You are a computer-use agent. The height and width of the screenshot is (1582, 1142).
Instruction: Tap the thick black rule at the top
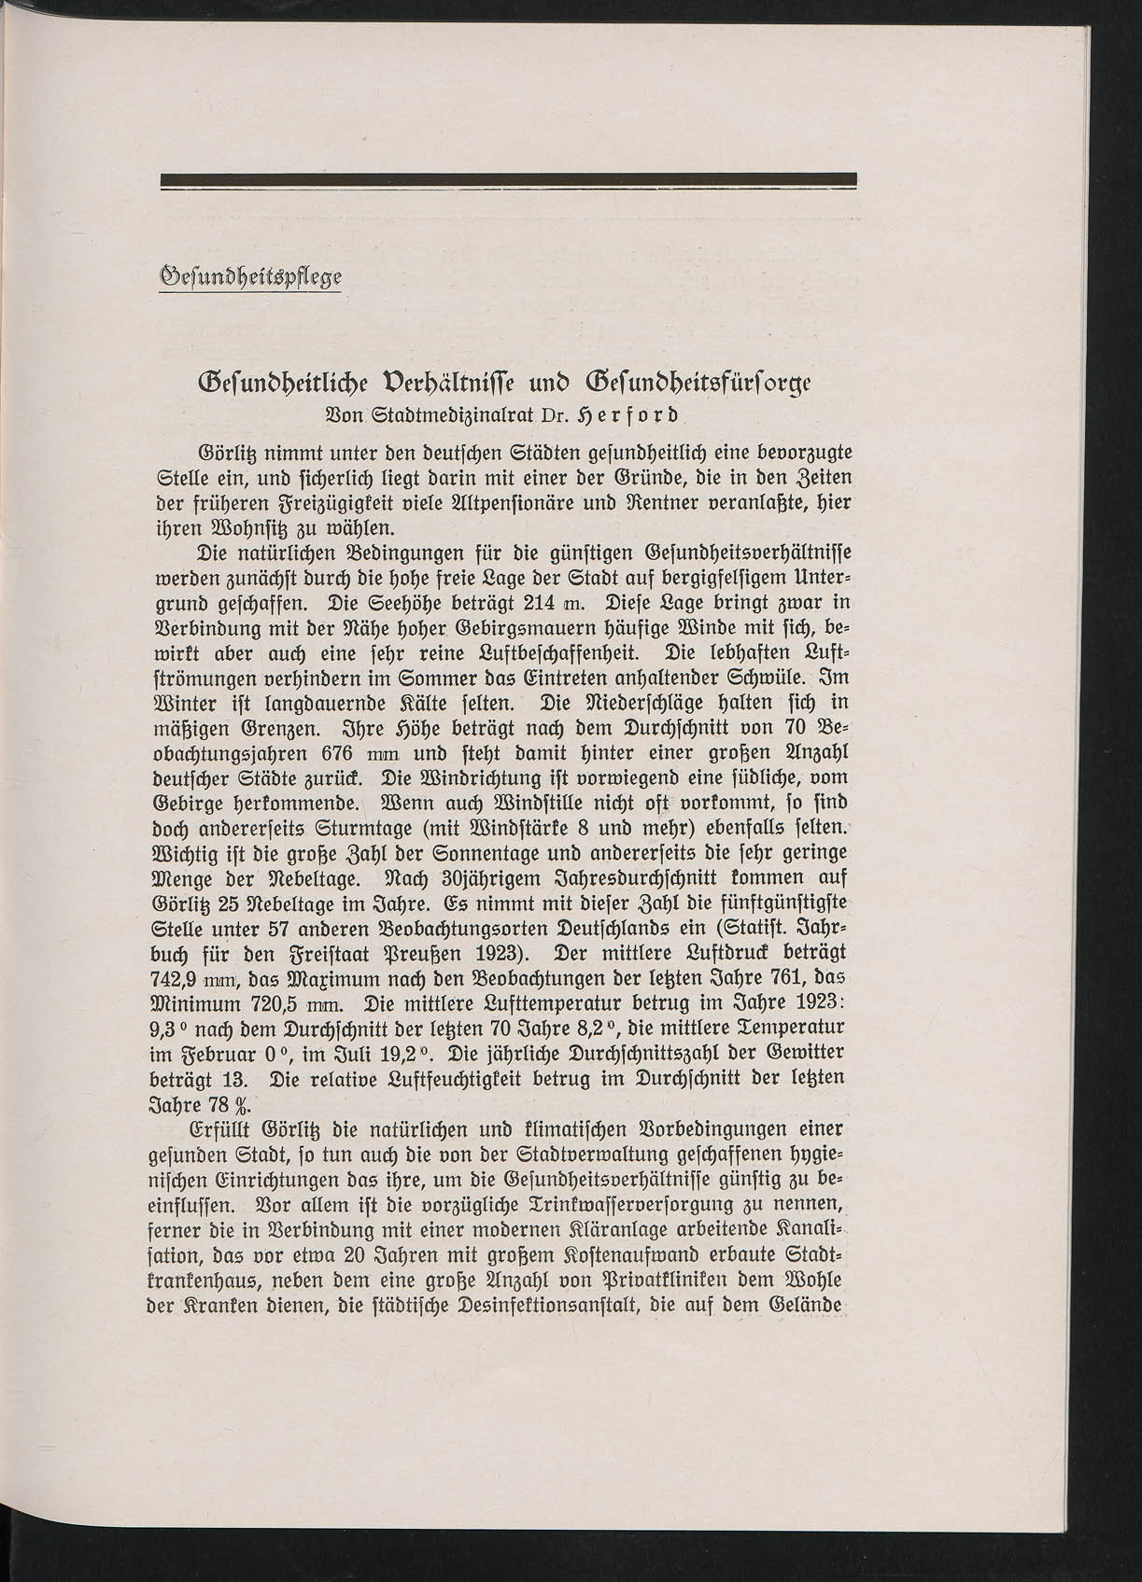[509, 180]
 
